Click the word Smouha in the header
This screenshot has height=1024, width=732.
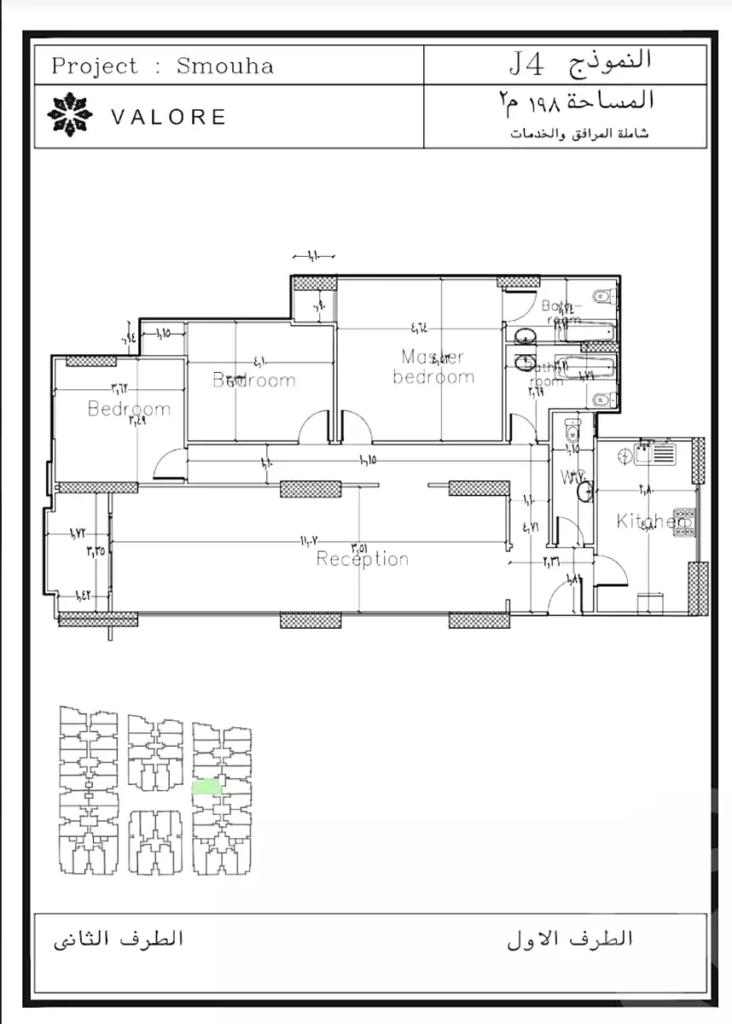point(224,67)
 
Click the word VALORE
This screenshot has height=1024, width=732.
point(169,117)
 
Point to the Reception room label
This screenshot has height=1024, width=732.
point(363,559)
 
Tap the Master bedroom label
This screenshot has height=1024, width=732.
point(433,367)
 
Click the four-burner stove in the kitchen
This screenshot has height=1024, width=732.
point(687,522)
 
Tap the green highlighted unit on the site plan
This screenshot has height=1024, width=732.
point(206,787)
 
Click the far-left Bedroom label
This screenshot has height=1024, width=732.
point(129,409)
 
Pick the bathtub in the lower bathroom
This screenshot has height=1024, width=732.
point(584,369)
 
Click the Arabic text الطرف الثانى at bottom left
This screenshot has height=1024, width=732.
point(119,940)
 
